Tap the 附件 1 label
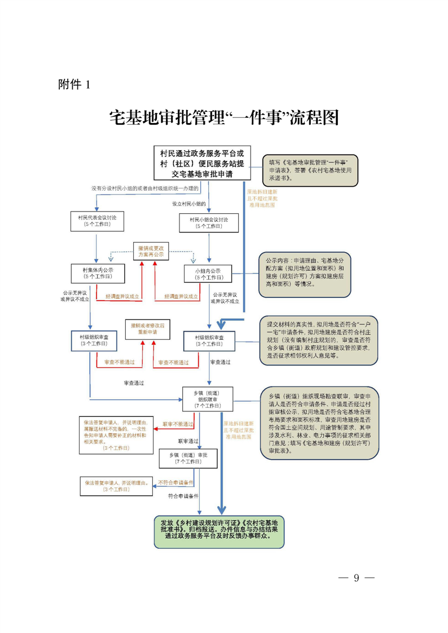click(x=74, y=85)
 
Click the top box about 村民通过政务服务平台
click(x=201, y=163)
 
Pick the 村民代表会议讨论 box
click(x=96, y=221)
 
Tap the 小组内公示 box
click(x=208, y=274)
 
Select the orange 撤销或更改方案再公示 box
click(x=151, y=252)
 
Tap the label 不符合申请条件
click(x=175, y=482)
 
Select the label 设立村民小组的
click(x=189, y=203)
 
